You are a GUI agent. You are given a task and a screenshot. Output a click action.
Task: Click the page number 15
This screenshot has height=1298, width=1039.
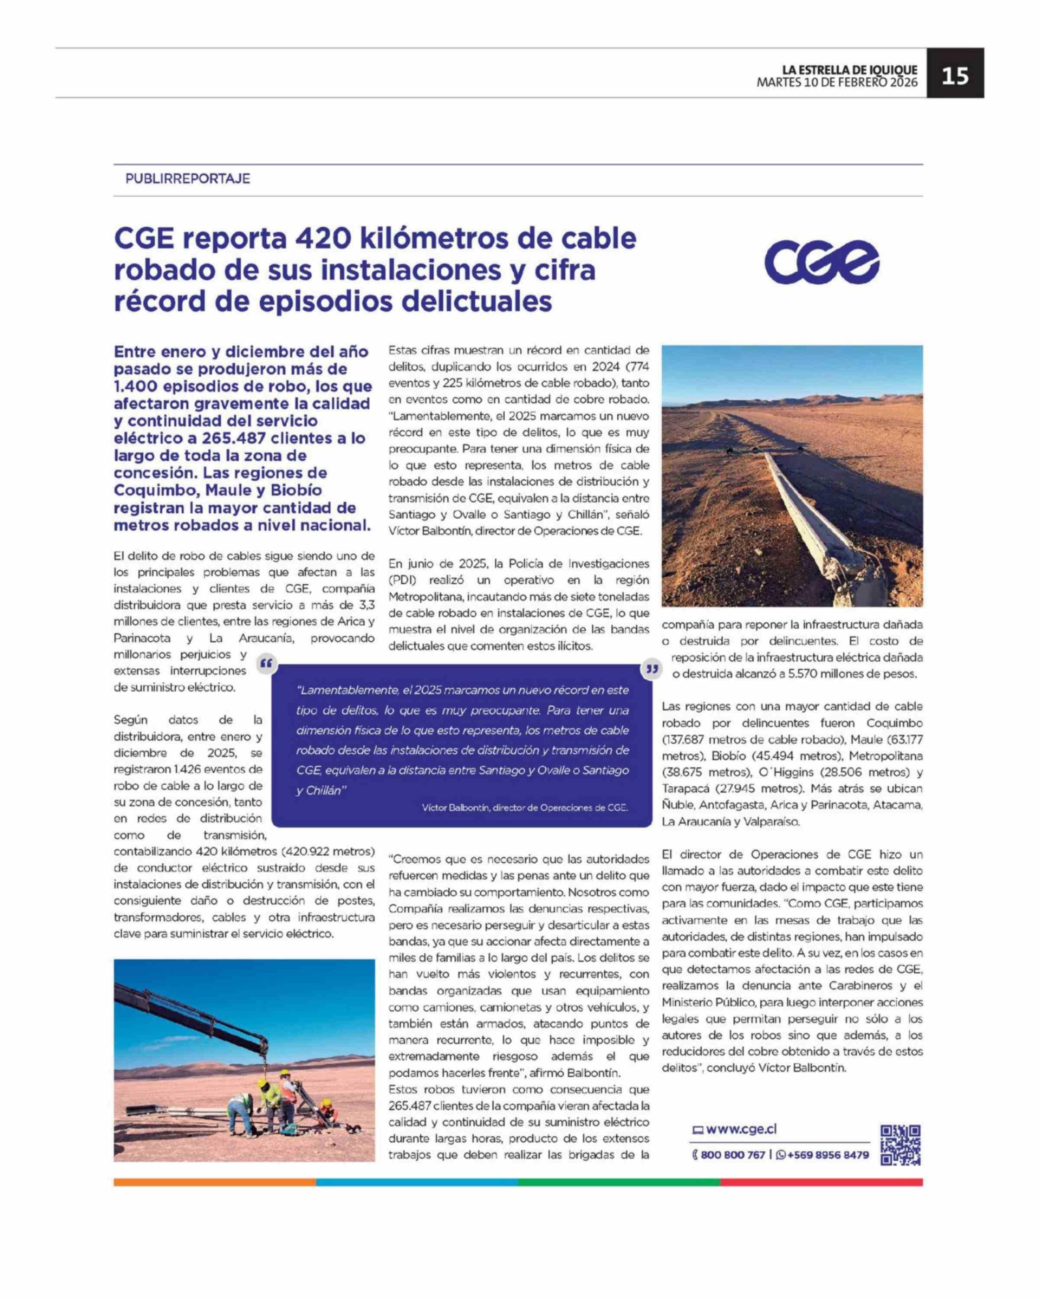[955, 76]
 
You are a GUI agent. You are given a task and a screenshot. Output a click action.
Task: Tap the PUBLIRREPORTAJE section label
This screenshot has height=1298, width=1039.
[187, 179]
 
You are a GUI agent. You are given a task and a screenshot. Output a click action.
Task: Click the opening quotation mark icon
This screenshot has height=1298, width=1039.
[266, 665]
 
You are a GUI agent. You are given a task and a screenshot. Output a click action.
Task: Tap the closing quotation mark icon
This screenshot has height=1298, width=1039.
[652, 668]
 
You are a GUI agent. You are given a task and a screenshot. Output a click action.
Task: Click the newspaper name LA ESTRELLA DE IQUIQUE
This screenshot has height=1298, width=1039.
[850, 70]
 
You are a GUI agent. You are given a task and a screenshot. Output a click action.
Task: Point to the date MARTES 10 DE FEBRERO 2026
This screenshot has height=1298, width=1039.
[837, 83]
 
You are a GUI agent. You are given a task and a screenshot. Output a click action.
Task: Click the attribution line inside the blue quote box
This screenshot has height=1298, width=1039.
[525, 808]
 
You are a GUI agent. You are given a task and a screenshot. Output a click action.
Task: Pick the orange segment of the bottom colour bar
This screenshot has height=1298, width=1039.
[214, 1183]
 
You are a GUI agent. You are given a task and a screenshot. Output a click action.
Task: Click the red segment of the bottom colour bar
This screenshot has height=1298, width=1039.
[821, 1183]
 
